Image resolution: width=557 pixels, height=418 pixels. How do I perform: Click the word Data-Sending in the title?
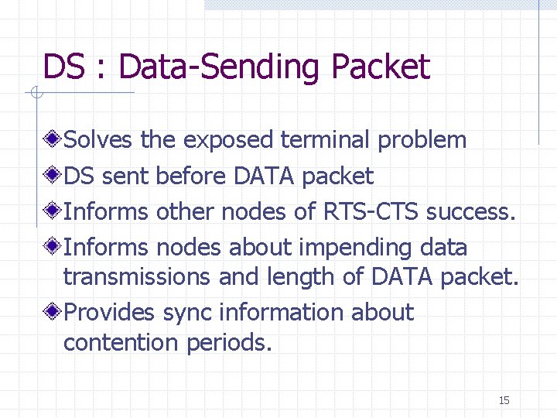pyautogui.click(x=221, y=67)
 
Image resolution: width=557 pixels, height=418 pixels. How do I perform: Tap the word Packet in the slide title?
pyautogui.click(x=380, y=67)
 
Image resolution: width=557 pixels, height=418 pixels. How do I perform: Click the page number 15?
pyautogui.click(x=504, y=400)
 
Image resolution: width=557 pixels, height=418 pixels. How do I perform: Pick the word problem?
pyautogui.click(x=422, y=140)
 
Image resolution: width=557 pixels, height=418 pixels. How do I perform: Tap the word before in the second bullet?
pyautogui.click(x=191, y=176)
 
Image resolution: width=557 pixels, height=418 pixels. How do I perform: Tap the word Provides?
pyautogui.click(x=111, y=313)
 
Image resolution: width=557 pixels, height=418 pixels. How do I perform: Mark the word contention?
pyautogui.click(x=122, y=342)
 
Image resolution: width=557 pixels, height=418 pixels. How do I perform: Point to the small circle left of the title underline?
pyautogui.click(x=34, y=94)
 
